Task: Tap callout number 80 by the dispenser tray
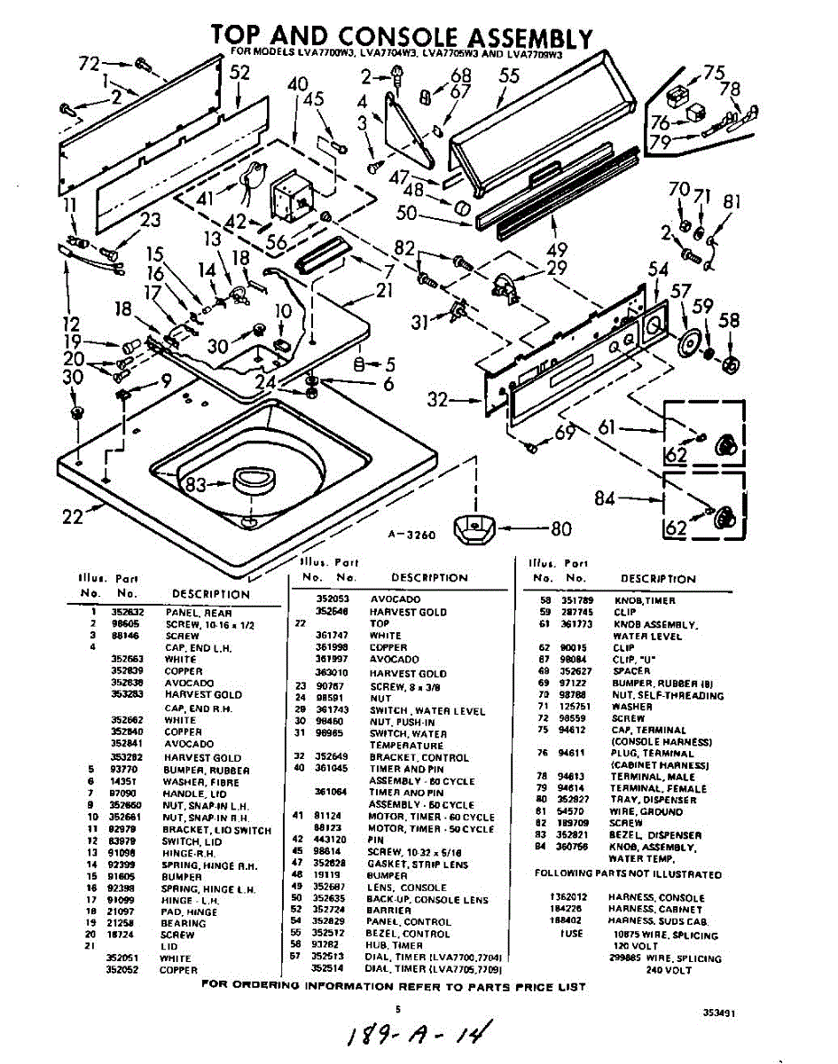[560, 530]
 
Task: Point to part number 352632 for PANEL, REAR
[121, 613]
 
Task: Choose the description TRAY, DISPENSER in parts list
[653, 800]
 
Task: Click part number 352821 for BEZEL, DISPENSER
[574, 835]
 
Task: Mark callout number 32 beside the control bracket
[437, 400]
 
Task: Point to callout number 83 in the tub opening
[194, 484]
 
